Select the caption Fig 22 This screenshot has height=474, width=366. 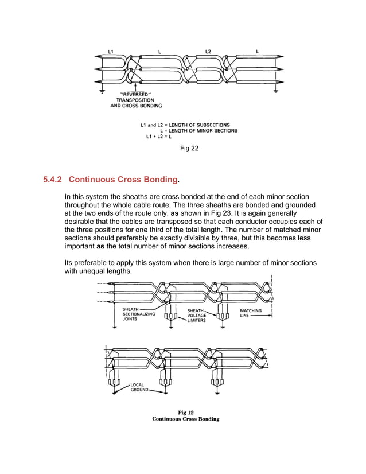point(189,149)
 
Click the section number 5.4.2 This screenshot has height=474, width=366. point(56,180)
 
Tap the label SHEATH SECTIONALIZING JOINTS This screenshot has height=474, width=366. point(139,315)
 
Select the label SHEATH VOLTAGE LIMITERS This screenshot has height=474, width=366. point(197,315)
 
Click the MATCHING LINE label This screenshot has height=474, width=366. point(251,313)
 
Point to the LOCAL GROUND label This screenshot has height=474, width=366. point(139,387)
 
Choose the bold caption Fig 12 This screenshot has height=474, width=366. point(185,412)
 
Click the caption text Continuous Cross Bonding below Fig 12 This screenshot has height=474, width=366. point(185,419)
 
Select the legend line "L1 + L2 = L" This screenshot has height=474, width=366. point(161,137)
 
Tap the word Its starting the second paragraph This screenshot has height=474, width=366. point(70,262)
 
